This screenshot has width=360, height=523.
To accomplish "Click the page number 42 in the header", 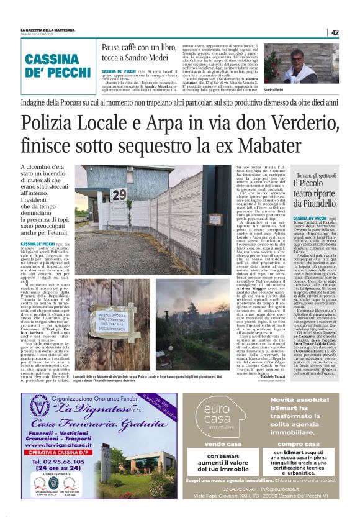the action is (335, 32).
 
